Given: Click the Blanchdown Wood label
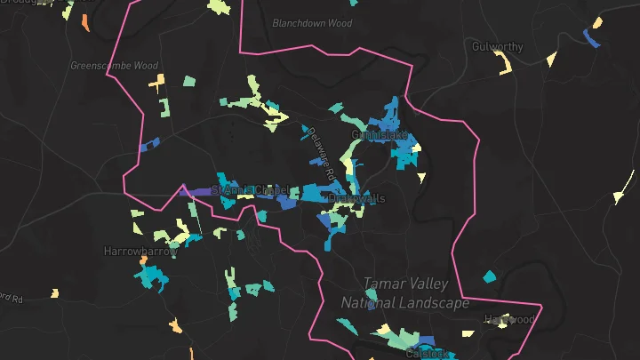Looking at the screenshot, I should click(312, 23).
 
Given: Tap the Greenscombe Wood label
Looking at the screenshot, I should click(114, 66).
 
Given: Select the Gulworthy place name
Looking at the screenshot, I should click(497, 45).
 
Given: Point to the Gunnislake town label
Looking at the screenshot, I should click(379, 135).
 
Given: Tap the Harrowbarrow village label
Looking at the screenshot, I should click(140, 252).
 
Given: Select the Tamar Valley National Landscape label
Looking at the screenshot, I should click(405, 293).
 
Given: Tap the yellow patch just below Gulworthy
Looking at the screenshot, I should click(503, 64).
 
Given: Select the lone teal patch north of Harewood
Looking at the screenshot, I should click(488, 276).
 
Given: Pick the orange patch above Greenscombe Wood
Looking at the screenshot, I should click(84, 21).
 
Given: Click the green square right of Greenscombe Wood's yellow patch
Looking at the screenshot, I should click(189, 81).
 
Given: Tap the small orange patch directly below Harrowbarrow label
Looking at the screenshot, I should click(140, 263).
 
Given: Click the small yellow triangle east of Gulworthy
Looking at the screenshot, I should click(550, 60).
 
